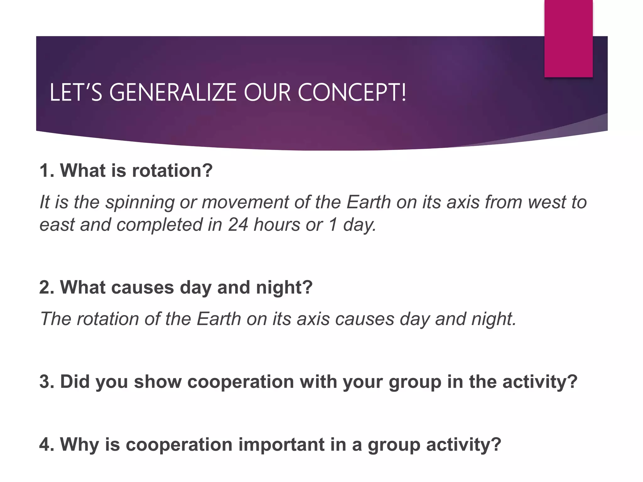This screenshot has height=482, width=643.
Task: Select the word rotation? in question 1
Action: click(172, 171)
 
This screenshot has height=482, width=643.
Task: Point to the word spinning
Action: click(140, 202)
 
